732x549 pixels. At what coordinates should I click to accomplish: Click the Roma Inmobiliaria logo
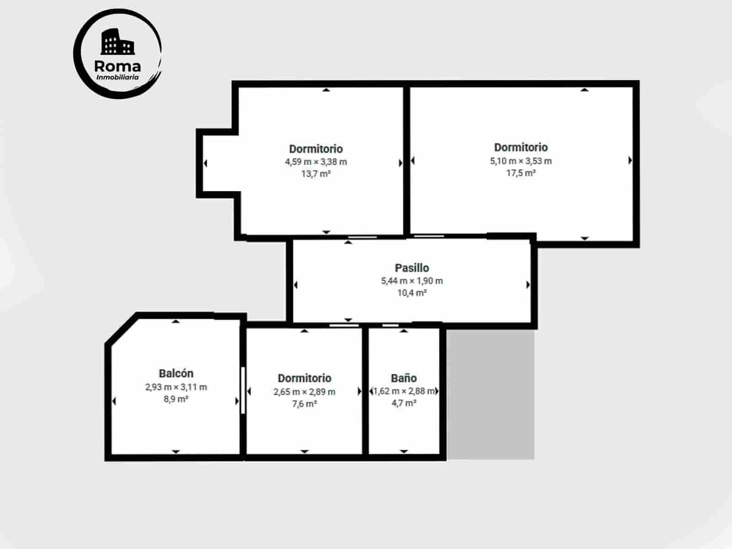point(118,54)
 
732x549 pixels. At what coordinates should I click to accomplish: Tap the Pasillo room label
point(412,268)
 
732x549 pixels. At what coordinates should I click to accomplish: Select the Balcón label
point(176,374)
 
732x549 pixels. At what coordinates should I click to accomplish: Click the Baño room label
point(404,378)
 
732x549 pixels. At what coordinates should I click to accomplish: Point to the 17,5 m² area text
point(521,173)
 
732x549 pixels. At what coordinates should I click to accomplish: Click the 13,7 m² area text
point(316,174)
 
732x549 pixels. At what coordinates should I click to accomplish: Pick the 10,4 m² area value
point(412,293)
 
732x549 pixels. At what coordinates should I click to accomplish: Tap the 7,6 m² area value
point(304,404)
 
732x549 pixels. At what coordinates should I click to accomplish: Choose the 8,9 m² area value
point(176,399)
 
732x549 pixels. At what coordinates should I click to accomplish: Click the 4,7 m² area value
point(404,403)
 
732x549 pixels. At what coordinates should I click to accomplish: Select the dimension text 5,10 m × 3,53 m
point(521,161)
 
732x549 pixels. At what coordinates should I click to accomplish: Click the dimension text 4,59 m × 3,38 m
point(316,162)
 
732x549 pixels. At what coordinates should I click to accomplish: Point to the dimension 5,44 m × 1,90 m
point(412,281)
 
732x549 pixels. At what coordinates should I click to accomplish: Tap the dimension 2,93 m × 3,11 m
point(176,387)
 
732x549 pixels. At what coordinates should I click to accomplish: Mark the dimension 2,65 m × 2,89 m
point(304,392)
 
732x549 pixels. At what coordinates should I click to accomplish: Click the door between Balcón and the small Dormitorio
point(243,390)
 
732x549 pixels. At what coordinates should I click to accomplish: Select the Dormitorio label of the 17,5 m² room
point(521,147)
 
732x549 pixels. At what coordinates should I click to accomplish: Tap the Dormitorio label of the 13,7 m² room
point(316,149)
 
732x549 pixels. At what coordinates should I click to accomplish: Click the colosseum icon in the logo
point(118,42)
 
